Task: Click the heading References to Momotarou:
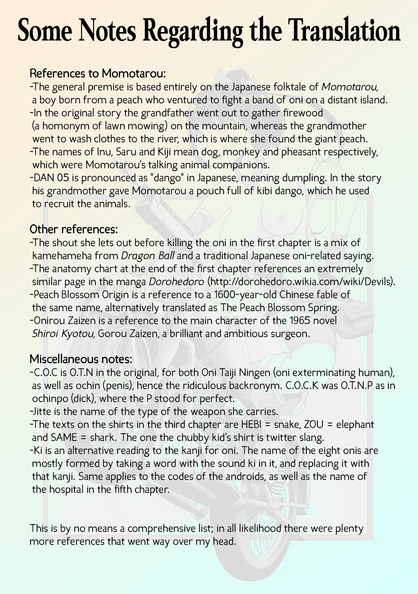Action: pyautogui.click(x=98, y=73)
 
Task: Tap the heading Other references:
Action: pyautogui.click(x=73, y=229)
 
